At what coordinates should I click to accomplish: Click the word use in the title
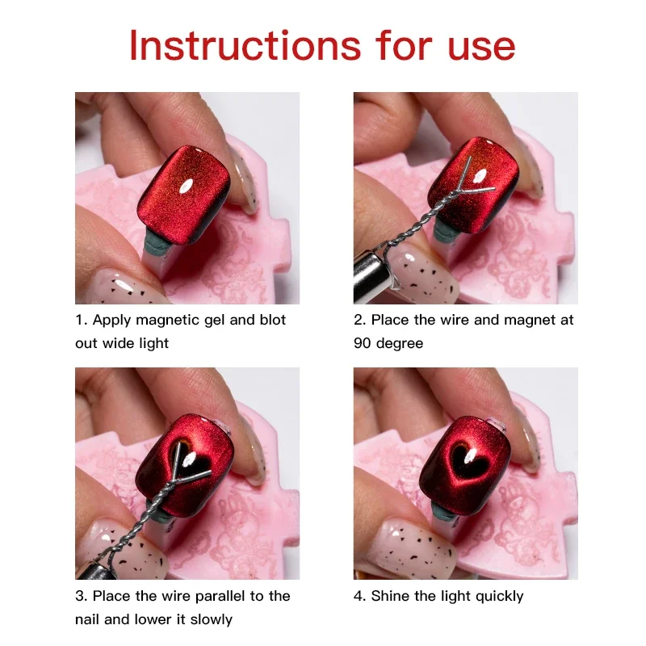[474, 47]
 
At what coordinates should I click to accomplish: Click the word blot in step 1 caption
[271, 320]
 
